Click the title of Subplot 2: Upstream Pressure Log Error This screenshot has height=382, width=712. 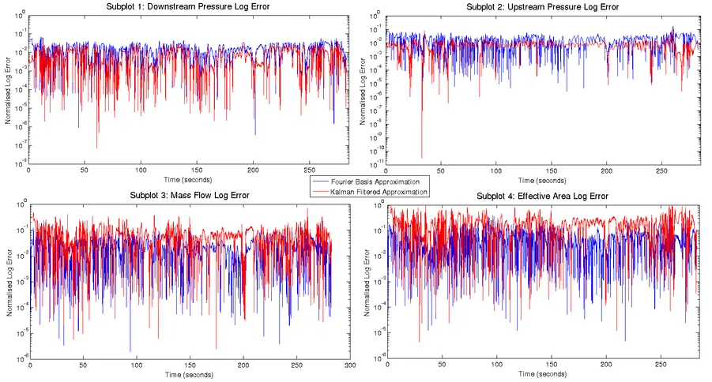(x=542, y=7)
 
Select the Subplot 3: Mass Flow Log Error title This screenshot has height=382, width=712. (x=188, y=196)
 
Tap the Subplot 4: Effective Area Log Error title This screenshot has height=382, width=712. (x=542, y=196)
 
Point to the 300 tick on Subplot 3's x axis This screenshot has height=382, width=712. (x=350, y=365)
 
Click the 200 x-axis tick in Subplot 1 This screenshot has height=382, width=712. (x=253, y=170)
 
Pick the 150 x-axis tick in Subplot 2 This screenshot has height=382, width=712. (x=552, y=170)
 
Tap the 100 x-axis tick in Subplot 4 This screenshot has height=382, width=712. (x=497, y=365)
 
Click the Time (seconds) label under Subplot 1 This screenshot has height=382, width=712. (x=186, y=179)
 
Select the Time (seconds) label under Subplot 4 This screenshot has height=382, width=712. (x=542, y=373)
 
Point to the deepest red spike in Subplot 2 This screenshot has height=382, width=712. (x=421, y=156)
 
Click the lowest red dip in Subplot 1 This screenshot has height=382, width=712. (x=97, y=147)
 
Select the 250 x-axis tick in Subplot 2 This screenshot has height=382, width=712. (x=661, y=170)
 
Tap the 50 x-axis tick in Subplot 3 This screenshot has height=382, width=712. (x=83, y=365)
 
